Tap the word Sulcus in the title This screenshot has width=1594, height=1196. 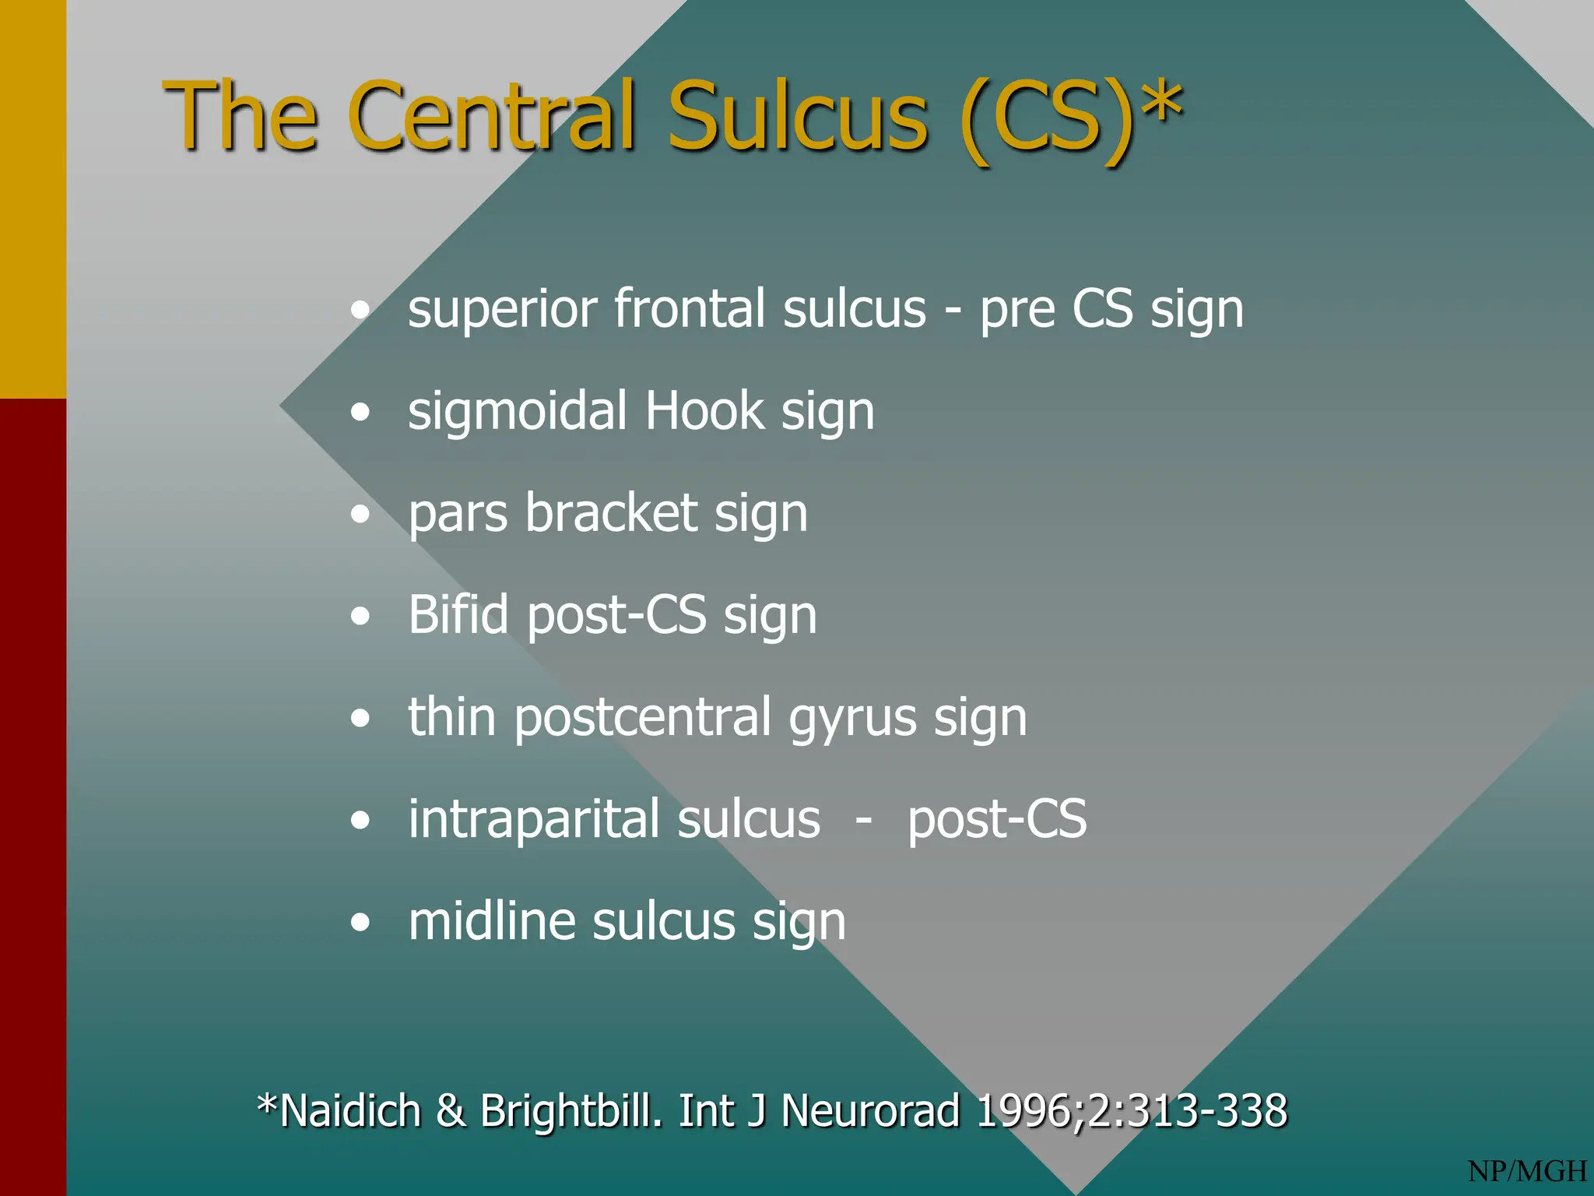pos(799,117)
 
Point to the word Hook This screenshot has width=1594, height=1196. pos(704,411)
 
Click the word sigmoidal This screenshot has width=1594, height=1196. pos(518,411)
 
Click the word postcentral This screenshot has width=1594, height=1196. pos(642,717)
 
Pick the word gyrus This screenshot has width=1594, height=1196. pos(852,719)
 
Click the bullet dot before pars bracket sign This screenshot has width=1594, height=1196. pos(360,515)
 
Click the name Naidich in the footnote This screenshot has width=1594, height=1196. pos(350,1110)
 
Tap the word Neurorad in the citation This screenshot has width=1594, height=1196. pos(870,1110)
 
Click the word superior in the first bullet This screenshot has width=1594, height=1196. pos(503,309)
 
